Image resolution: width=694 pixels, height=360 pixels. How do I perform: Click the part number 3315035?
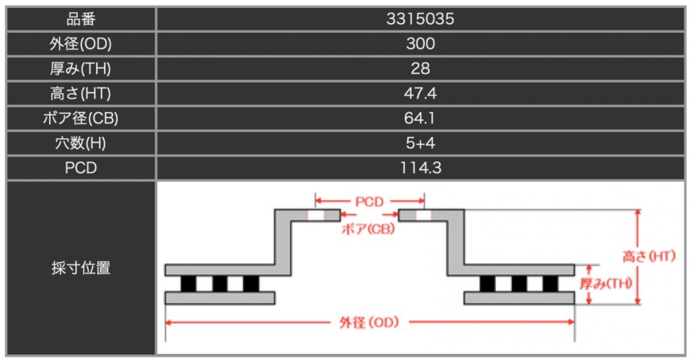pos(420,19)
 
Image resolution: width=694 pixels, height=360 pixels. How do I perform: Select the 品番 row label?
pos(81,19)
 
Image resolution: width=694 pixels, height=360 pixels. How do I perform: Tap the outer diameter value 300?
pos(421,44)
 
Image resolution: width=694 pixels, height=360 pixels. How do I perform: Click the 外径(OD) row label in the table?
pos(81,44)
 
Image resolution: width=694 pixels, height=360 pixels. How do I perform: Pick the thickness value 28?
pos(420,69)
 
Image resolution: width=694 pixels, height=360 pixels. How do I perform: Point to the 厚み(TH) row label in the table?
pos(81,69)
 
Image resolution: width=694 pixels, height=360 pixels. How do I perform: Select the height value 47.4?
pos(420,94)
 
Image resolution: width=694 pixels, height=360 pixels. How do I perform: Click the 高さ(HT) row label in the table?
pos(81,94)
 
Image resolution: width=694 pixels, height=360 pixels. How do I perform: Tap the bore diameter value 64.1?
pos(420,118)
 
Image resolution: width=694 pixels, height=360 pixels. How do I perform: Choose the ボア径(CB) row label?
pos(81,118)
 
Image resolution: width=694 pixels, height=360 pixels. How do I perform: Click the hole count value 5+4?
pos(420,143)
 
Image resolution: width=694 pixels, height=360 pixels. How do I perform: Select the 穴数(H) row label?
pos(81,143)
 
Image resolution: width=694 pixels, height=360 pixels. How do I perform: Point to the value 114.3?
pos(421,168)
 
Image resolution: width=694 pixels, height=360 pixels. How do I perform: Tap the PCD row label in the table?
pos(81,168)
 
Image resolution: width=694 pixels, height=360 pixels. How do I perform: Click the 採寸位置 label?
pos(81,268)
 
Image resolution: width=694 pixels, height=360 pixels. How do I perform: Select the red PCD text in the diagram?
pos(369,202)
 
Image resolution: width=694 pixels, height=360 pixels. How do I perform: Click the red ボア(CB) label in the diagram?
pos(368,229)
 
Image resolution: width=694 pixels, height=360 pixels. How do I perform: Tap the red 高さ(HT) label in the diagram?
pos(649,257)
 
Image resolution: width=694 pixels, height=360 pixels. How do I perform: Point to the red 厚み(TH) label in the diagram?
pos(606,283)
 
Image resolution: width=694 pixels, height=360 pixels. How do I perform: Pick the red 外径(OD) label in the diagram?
pos(369,322)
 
